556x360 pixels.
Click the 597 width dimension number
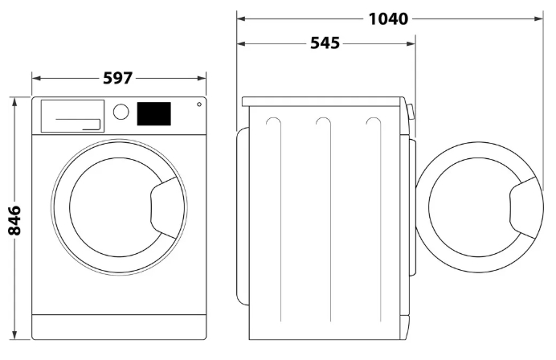coord(118,79)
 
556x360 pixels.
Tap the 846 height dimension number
coord(15,220)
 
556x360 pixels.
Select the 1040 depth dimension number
coord(388,18)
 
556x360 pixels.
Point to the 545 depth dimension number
coord(325,43)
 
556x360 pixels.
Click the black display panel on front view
coord(154,114)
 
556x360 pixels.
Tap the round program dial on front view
coord(121,112)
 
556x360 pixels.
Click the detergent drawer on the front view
coord(72,116)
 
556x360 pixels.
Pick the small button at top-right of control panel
coord(199,104)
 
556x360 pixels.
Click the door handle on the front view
coord(163,208)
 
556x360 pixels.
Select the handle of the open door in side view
coord(523,208)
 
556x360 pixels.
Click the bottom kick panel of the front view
coord(119,327)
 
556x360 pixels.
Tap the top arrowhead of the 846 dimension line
coord(14,101)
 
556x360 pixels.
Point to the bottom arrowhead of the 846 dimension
coord(14,335)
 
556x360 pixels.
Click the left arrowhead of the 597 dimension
coord(36,79)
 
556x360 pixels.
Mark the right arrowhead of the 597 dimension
coord(202,79)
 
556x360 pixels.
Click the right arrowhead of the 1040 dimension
coord(538,18)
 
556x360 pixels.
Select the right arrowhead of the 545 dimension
coord(411,44)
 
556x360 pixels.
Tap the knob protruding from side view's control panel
coord(411,111)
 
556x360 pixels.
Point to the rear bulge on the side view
coord(243,216)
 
